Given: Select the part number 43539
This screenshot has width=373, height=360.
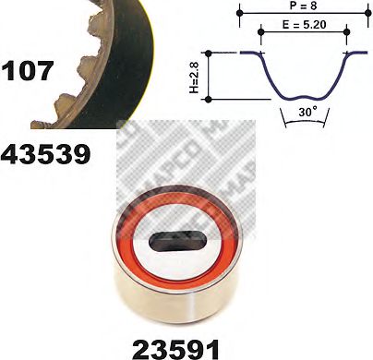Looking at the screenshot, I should [46, 153].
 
